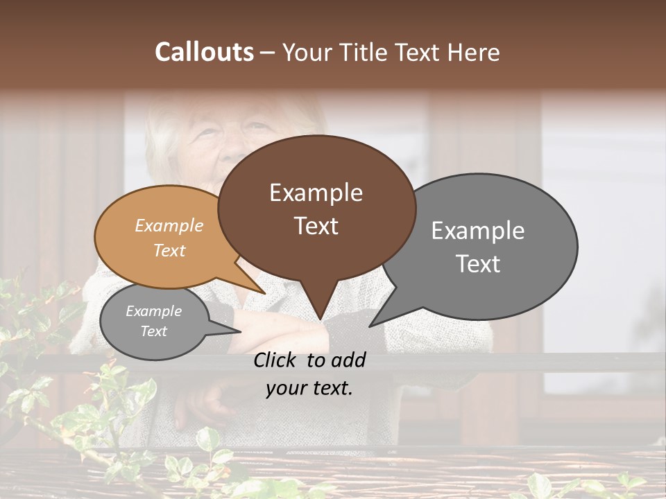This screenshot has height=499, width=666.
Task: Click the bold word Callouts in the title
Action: point(204,52)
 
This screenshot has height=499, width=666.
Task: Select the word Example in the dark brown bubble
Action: point(316,193)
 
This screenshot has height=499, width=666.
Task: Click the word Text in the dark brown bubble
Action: point(316,226)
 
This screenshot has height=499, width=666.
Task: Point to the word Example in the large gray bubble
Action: point(478,231)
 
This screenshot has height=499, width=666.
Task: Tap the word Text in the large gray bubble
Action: point(478,264)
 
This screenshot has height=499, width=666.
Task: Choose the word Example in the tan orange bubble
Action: point(169,226)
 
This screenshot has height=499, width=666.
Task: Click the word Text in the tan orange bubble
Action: point(169,251)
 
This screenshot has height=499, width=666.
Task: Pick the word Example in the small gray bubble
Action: point(153,311)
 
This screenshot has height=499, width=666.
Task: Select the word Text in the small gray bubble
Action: point(153,331)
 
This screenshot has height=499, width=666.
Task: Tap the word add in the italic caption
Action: point(349,360)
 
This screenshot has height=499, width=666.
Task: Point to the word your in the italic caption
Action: point(286,388)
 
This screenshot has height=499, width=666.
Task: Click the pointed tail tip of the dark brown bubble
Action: point(320,319)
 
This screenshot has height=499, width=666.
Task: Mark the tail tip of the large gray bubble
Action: point(370,326)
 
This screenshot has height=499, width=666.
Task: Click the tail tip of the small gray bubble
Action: point(240,332)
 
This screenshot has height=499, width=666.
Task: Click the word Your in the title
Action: point(306,52)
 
